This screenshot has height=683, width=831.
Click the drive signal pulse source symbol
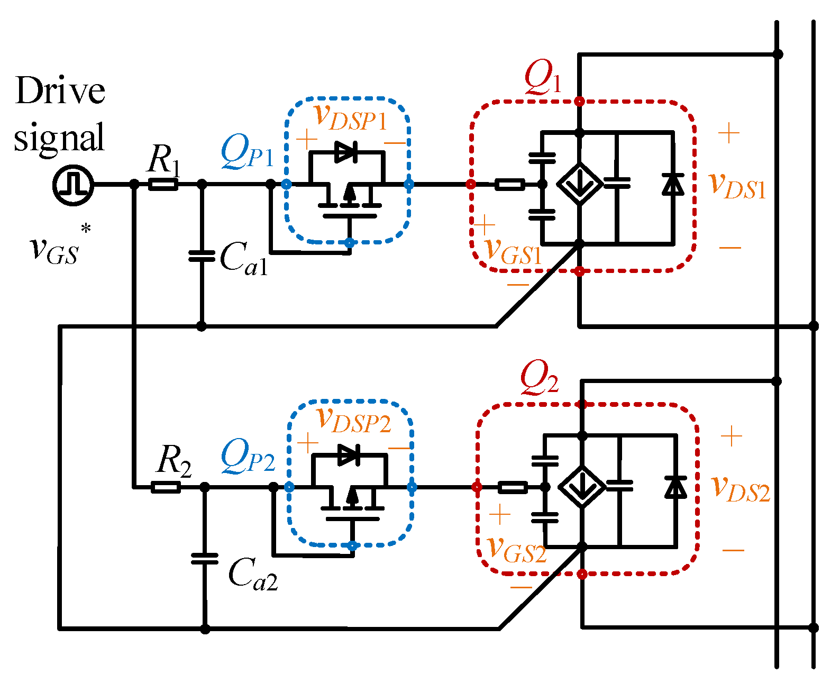(74, 185)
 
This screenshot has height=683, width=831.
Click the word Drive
(60, 91)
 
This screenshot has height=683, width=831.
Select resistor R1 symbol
(163, 185)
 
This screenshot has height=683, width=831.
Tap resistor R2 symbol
(166, 487)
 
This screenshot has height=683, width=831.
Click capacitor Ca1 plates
(202, 257)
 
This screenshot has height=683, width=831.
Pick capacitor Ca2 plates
(205, 559)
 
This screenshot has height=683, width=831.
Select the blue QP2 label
(248, 456)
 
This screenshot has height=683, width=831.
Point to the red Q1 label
(543, 77)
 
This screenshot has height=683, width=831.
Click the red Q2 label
(539, 378)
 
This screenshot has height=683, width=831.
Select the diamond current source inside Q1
(580, 185)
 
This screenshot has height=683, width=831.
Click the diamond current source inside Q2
(582, 487)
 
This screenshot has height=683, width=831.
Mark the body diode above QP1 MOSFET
(346, 152)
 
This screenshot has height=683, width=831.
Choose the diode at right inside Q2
(675, 487)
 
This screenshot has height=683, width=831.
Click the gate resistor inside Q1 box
(509, 185)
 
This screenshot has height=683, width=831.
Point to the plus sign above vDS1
(728, 133)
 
